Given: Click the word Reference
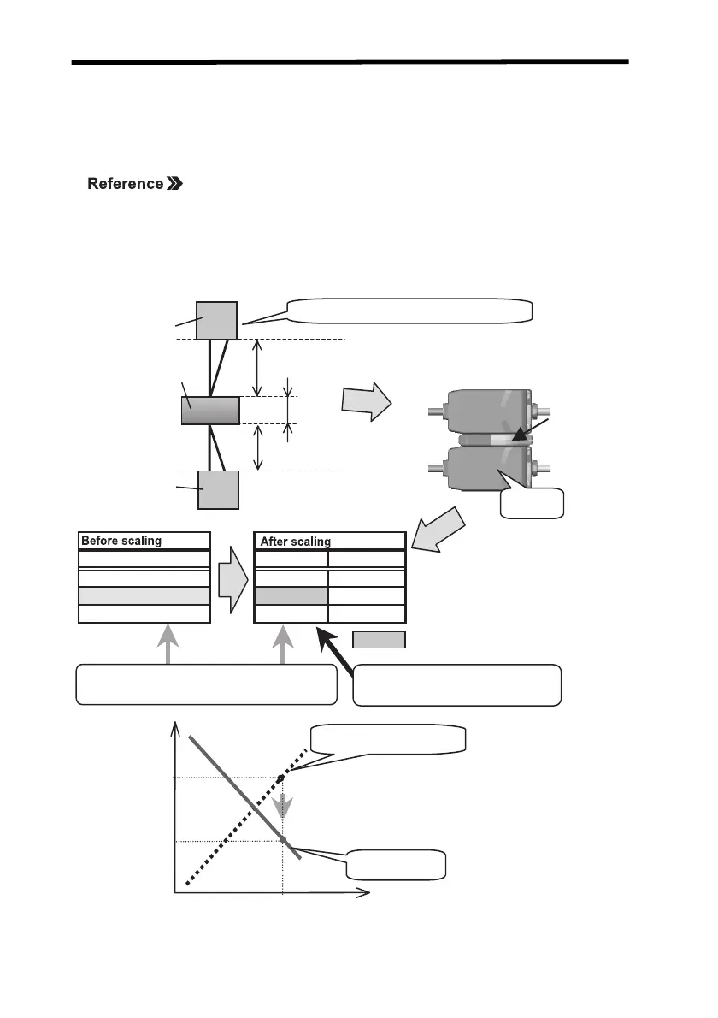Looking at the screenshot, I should [125, 184].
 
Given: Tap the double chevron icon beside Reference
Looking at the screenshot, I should [175, 184].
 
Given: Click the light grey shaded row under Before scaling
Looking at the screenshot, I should [144, 595].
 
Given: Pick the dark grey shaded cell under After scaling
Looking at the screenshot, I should [291, 595].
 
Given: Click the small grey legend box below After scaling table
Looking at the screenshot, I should [379, 639].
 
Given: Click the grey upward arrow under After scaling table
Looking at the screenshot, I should [284, 644].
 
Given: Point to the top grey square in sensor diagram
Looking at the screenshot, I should [216, 320].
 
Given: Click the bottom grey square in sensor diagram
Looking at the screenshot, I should [218, 489].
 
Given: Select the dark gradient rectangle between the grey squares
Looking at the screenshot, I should [210, 411].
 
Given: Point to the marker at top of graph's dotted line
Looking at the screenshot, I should [283, 776].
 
